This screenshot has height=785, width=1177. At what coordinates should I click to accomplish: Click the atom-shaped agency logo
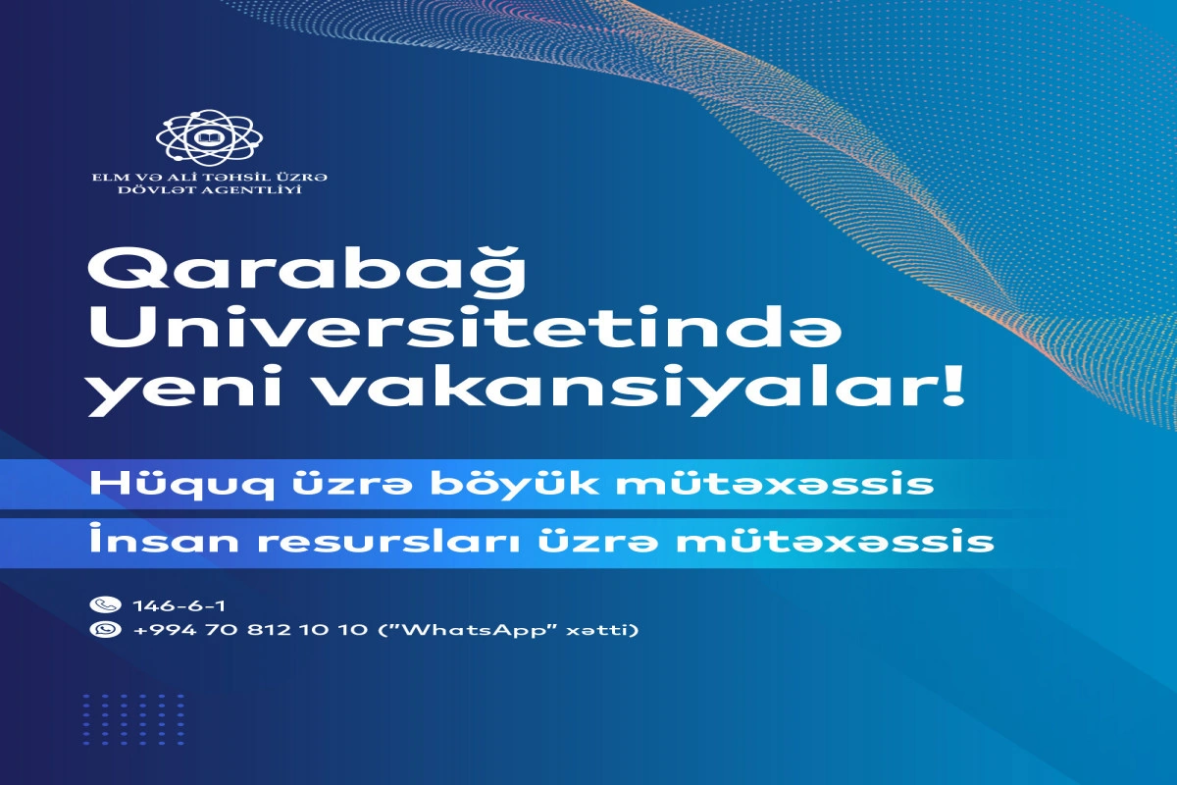pyautogui.click(x=209, y=137)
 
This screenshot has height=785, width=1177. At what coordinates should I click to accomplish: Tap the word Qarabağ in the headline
pyautogui.click(x=307, y=275)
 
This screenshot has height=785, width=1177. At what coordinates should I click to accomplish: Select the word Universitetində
pyautogui.click(x=465, y=331)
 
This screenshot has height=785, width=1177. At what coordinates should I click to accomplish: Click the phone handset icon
pyautogui.click(x=105, y=604)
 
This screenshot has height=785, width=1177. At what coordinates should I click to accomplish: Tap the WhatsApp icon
pyautogui.click(x=105, y=629)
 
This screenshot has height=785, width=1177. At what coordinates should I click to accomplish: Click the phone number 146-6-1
pyautogui.click(x=179, y=605)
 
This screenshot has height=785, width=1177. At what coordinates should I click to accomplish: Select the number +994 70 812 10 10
pyautogui.click(x=250, y=630)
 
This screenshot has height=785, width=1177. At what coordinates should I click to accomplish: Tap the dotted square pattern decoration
pyautogui.click(x=134, y=719)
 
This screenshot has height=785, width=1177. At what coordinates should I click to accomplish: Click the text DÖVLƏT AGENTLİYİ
pyautogui.click(x=210, y=189)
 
